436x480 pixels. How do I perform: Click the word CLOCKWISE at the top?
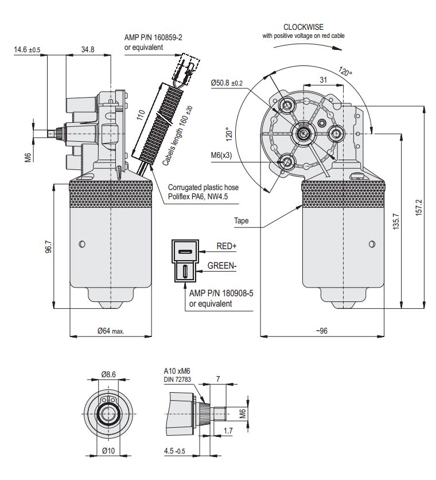tap(303, 27)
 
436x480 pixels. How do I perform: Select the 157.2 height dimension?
tap(418, 207)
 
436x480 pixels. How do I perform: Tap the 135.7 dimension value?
tap(395, 222)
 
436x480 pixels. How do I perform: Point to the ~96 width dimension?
tap(321, 330)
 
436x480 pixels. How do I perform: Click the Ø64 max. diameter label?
tap(111, 330)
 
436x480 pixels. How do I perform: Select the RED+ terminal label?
tap(226, 246)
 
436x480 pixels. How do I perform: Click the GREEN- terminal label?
tap(222, 266)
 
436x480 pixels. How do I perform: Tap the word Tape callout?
tap(241, 220)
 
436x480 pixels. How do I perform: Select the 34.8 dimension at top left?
tap(88, 50)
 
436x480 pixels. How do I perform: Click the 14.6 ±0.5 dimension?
tap(27, 50)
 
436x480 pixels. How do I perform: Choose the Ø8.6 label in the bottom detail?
tap(108, 374)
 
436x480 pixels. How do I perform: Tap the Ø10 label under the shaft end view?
tap(108, 451)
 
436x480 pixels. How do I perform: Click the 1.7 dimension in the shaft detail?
tap(228, 430)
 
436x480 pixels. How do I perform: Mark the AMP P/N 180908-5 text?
tap(221, 293)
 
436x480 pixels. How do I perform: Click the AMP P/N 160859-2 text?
tap(153, 37)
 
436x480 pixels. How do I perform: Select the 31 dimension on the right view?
tap(323, 80)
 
